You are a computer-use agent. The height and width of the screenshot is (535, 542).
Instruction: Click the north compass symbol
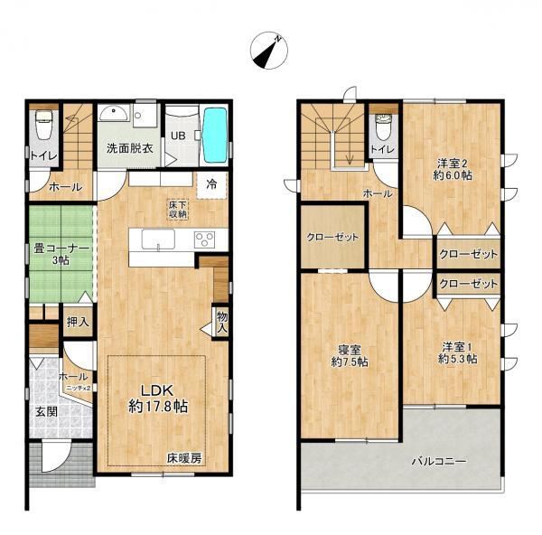[269, 52]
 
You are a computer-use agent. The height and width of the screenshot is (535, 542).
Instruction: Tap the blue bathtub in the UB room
[215, 135]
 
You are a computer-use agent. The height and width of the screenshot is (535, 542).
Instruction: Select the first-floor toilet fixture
[43, 125]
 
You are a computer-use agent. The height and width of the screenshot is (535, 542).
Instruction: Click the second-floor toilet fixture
[383, 127]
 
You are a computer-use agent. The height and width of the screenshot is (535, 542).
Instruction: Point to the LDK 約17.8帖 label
[158, 399]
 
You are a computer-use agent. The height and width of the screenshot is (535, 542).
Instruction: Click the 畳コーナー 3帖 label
[61, 254]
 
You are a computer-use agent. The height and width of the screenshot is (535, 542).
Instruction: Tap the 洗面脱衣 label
[129, 149]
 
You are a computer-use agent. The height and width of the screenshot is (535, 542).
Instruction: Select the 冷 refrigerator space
[211, 185]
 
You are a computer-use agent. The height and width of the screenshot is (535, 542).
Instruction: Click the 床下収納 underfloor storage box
[178, 210]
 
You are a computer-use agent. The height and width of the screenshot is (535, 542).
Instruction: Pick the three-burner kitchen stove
[205, 239]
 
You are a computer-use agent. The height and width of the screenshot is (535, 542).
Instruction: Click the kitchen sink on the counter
[158, 239]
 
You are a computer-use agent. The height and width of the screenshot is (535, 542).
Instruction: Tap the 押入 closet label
[78, 322]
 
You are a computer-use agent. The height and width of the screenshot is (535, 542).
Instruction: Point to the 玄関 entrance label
[47, 412]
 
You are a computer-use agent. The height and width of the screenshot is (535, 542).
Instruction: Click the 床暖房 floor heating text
[184, 458]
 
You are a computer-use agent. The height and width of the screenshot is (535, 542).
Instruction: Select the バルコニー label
[439, 461]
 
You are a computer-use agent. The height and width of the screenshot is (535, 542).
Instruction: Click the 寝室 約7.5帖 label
[349, 356]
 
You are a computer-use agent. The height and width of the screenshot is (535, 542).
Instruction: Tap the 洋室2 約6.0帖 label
[453, 169]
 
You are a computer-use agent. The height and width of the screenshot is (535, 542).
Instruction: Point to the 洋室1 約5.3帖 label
[458, 352]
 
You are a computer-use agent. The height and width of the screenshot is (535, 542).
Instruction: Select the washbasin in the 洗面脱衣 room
[113, 114]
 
